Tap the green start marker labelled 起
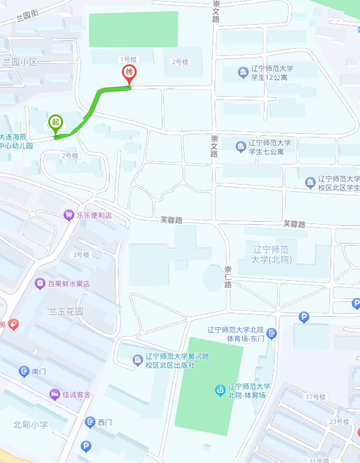point(55,123)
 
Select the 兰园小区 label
point(19,61)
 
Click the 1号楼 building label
point(128,59)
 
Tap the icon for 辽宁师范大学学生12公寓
point(243,73)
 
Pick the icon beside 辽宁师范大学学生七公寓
point(240,146)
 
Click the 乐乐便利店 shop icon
point(70,215)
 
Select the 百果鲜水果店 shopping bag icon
point(40,284)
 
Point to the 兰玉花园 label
point(66,311)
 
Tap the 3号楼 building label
point(80,255)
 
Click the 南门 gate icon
point(24,372)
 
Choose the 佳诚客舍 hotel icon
point(55,394)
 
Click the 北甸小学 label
point(31,425)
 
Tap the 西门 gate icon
point(90,422)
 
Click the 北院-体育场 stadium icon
point(220,390)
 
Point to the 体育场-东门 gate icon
point(272,334)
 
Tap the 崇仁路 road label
point(228,276)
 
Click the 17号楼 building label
point(316,397)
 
